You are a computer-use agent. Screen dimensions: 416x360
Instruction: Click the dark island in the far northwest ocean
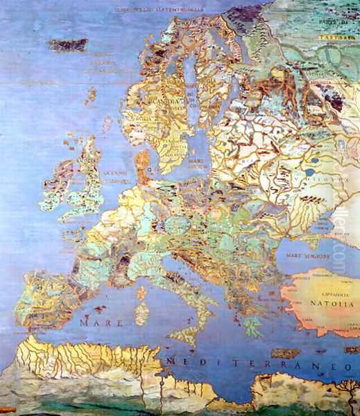pos(68,44)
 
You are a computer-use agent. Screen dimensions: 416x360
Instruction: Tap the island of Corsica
pos(145,291)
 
